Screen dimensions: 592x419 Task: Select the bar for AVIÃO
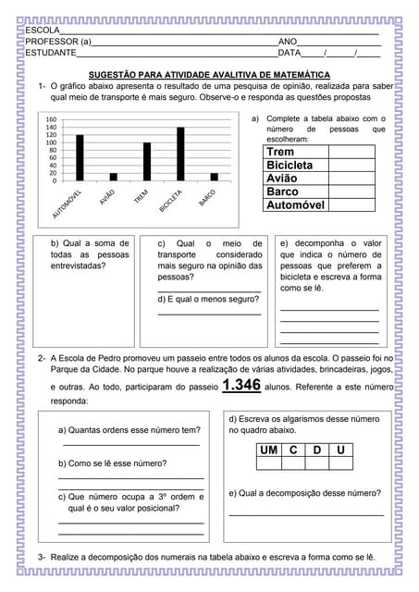[x=114, y=177]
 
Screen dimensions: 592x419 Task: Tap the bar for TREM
[x=146, y=162]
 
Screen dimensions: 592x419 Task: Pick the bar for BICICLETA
[x=180, y=154]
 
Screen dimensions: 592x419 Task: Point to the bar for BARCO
[x=214, y=177]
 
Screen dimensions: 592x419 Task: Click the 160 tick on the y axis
[x=51, y=119]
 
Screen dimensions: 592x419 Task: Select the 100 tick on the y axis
[x=51, y=142]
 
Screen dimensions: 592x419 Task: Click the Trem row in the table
[x=319, y=152]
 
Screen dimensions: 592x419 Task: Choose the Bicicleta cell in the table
[x=319, y=165]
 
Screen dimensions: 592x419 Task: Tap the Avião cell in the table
[x=319, y=179]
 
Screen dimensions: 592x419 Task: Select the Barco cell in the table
[x=319, y=191]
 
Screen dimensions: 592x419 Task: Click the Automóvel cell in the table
[x=319, y=205]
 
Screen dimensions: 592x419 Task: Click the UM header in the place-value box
[x=268, y=450]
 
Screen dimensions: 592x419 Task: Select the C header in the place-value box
[x=293, y=450]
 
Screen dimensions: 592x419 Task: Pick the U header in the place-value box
[x=341, y=450]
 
